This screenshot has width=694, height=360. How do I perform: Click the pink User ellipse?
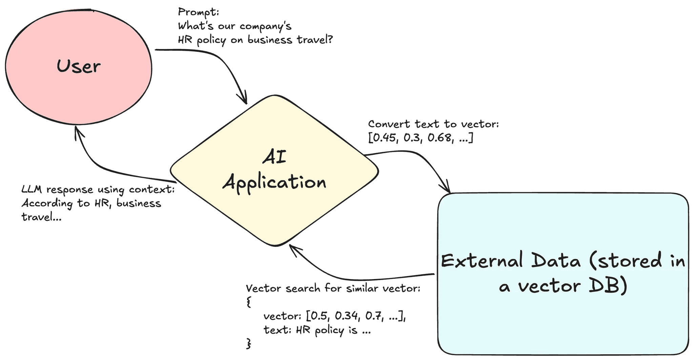(x=79, y=66)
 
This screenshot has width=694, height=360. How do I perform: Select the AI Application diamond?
(x=274, y=170)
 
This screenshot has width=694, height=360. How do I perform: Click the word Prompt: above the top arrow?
(x=199, y=12)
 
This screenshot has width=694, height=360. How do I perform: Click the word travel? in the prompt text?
(x=315, y=40)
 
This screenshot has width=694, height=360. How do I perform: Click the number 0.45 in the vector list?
(x=384, y=138)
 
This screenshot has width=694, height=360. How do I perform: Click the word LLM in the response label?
(x=32, y=190)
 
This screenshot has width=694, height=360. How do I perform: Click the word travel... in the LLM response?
(x=41, y=217)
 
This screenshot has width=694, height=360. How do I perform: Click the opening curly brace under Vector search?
(x=249, y=302)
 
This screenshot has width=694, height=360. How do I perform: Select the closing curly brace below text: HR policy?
(x=249, y=343)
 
